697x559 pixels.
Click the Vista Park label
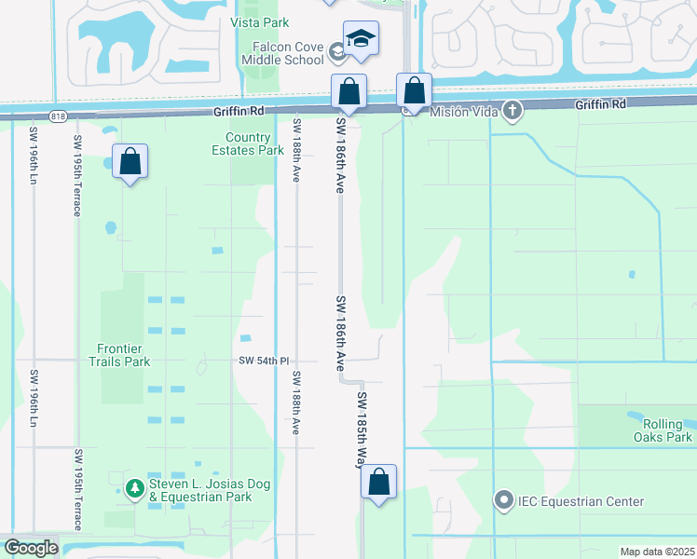[260, 22]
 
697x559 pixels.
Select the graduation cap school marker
[361, 39]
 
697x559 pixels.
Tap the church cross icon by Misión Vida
[512, 111]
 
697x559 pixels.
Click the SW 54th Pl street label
[265, 360]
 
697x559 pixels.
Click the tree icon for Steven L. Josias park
[135, 486]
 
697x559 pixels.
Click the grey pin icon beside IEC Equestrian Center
[505, 501]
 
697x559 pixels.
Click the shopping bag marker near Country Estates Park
[130, 162]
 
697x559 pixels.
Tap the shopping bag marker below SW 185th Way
[378, 483]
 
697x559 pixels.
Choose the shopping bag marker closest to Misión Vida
[414, 91]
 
